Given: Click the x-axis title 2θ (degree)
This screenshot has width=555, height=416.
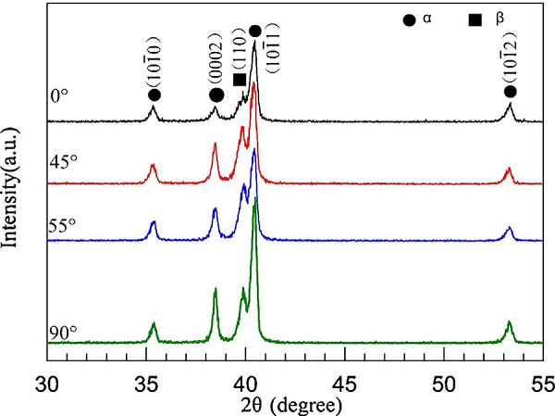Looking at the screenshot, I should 293,405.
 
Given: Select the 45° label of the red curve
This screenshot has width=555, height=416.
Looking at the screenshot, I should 65,159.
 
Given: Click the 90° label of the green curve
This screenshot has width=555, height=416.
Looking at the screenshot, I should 65,334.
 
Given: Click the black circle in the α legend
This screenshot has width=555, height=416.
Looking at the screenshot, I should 410,19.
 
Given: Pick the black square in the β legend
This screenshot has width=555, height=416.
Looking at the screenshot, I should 475,19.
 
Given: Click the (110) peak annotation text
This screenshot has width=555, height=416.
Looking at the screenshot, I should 239,56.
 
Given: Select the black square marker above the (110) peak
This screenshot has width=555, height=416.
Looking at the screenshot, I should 240,80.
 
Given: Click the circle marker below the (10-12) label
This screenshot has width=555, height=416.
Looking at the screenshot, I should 510,92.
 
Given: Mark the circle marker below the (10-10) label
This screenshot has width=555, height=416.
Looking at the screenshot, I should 154,95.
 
